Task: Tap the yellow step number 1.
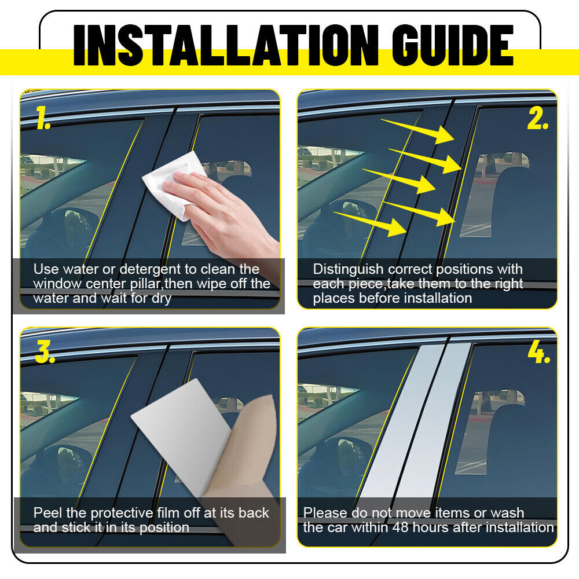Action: (43, 118)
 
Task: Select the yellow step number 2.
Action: (538, 118)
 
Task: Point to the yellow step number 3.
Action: (45, 351)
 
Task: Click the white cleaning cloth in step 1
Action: (174, 185)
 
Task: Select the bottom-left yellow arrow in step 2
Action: (370, 223)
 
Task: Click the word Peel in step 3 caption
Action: (47, 512)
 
